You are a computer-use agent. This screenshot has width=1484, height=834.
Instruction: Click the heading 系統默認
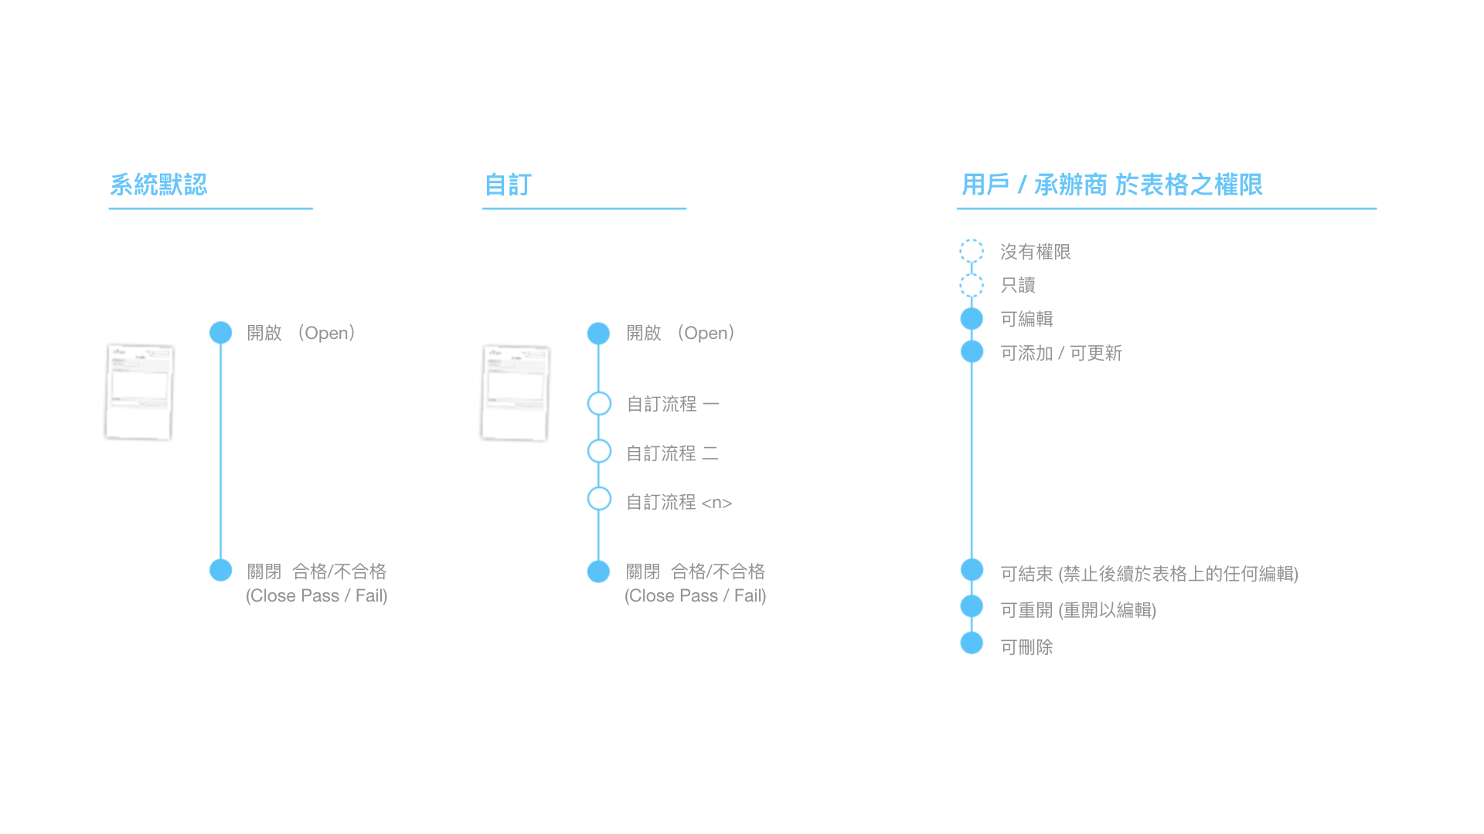[158, 185]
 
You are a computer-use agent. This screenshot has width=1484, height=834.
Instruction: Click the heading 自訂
[508, 185]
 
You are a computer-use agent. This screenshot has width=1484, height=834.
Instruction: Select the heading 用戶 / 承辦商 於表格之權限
[1111, 185]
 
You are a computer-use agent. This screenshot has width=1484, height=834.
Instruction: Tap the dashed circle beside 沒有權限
[972, 251]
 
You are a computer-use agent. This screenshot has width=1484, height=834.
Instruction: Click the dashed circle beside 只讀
[972, 285]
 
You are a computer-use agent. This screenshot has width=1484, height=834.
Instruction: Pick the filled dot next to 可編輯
[972, 318]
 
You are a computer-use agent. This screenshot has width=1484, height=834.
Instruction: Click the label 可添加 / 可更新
[1061, 353]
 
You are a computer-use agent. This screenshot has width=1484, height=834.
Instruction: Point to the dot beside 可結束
[972, 570]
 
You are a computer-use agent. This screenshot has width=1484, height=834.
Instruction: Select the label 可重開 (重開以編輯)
[1078, 610]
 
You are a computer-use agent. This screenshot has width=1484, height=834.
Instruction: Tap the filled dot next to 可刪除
[972, 642]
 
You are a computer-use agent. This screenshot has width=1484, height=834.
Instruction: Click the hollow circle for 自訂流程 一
[599, 403]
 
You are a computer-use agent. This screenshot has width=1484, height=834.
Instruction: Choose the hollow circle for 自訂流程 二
[599, 451]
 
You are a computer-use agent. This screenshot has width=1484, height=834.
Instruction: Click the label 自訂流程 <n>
[679, 502]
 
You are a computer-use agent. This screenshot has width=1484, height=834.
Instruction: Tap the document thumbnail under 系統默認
[139, 392]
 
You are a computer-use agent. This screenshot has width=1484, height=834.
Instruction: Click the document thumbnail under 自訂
[515, 392]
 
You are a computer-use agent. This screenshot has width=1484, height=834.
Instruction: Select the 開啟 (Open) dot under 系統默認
[221, 333]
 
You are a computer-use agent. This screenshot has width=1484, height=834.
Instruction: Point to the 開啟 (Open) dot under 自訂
[598, 334]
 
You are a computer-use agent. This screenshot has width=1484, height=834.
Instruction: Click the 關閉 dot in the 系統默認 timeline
[221, 570]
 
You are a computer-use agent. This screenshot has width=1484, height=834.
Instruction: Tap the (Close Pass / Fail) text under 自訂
[696, 595]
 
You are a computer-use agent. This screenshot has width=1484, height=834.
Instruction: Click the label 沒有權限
[1035, 252]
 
